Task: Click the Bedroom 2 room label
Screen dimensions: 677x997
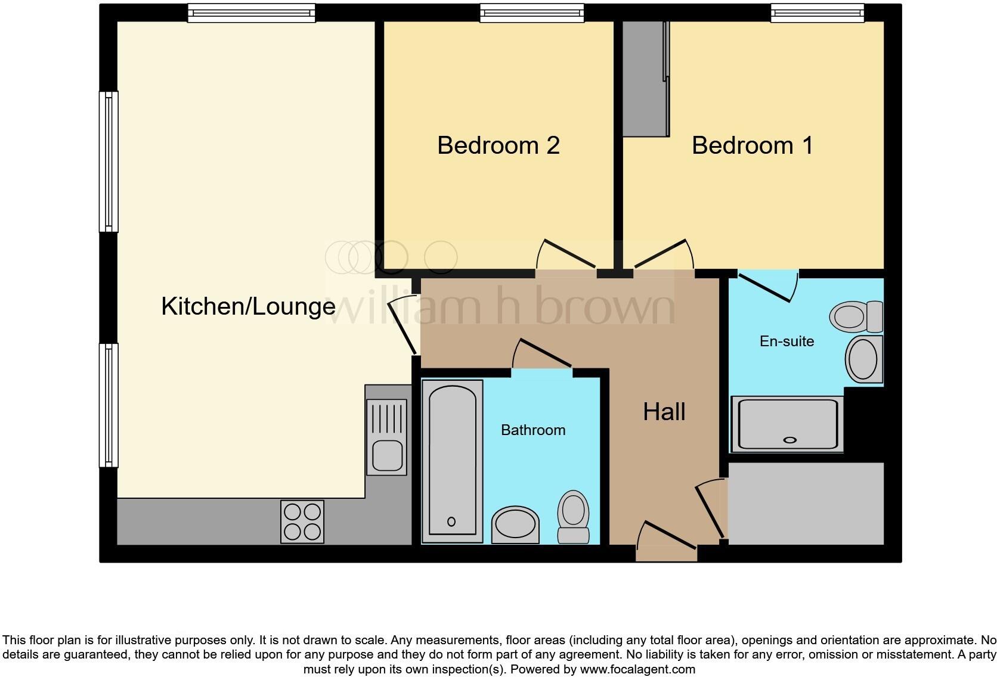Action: pos(498,145)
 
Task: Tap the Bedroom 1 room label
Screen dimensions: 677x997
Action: pos(752,145)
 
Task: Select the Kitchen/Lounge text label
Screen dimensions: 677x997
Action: pos(248,306)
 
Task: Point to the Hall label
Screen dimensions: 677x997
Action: pos(664,412)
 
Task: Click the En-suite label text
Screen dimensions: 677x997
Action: pos(787,341)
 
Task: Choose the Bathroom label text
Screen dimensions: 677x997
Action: pos(532,430)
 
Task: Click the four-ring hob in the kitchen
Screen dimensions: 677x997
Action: pos(302,521)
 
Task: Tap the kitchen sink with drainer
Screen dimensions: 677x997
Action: pos(387,437)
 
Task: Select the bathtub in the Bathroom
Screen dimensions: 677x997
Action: pos(452,461)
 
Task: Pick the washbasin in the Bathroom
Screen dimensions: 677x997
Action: pos(515,524)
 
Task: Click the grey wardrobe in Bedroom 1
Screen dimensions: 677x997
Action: pos(645,79)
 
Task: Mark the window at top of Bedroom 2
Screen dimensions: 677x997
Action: pos(531,13)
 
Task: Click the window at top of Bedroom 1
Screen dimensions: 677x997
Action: pos(817,13)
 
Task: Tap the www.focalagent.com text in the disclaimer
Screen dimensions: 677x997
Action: pos(637,669)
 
